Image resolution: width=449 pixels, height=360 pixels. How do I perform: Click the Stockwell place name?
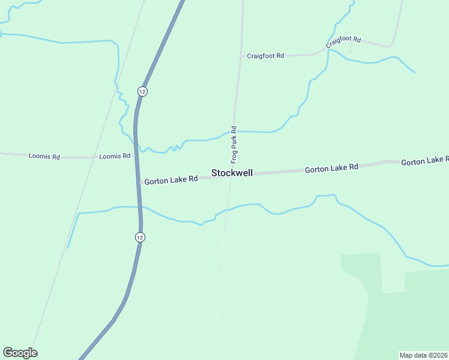coord(232,173)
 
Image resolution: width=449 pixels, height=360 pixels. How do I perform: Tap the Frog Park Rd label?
coord(234,145)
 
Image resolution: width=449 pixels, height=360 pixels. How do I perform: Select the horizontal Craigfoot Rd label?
coord(265,56)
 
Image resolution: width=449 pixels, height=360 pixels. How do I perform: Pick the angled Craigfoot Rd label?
coord(343,41)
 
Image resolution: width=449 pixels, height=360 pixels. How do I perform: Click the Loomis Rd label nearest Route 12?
coord(115,156)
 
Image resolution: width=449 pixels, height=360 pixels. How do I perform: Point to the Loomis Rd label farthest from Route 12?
coord(44,156)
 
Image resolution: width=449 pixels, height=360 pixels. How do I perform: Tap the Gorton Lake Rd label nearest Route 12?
coord(170,179)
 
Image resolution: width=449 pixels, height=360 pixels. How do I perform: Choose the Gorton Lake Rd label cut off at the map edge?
coord(424,161)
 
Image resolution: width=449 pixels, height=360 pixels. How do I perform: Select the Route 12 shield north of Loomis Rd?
coord(141,91)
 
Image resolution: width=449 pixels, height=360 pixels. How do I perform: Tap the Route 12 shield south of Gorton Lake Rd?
coord(139,237)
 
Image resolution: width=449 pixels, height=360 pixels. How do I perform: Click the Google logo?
coord(20,353)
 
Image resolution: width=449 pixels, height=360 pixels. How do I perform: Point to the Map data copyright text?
coord(424,355)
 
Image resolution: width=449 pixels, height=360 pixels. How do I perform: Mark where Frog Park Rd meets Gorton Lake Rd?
coord(230,174)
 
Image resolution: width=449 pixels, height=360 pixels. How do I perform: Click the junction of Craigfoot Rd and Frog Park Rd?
coord(241,56)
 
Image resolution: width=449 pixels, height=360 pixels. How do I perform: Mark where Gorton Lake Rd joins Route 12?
coord(139,181)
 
